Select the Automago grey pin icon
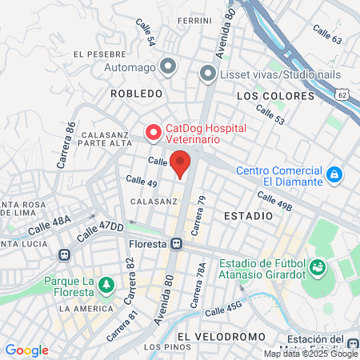(x=167, y=66)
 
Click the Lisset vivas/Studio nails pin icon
(x=207, y=75)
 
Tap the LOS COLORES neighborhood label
(x=275, y=96)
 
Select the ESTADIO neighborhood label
(x=243, y=216)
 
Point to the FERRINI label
(x=194, y=21)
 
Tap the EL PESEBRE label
(x=100, y=54)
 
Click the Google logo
(x=26, y=350)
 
